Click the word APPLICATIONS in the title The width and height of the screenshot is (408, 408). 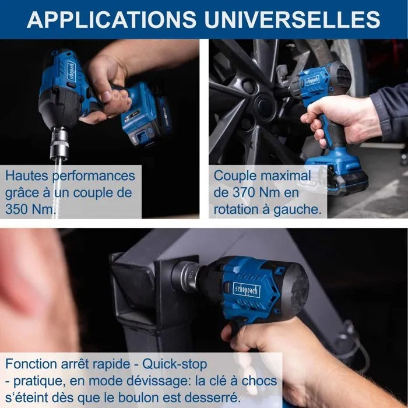(111, 19)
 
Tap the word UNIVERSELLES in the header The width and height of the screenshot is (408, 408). (292, 19)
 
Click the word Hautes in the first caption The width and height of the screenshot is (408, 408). (27, 176)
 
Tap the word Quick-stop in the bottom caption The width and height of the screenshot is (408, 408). (174, 364)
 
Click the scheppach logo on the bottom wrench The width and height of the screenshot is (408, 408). (247, 291)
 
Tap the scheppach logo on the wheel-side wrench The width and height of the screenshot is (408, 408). (312, 81)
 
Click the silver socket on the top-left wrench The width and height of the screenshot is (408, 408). (59, 143)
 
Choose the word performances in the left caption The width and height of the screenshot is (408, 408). (94, 177)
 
